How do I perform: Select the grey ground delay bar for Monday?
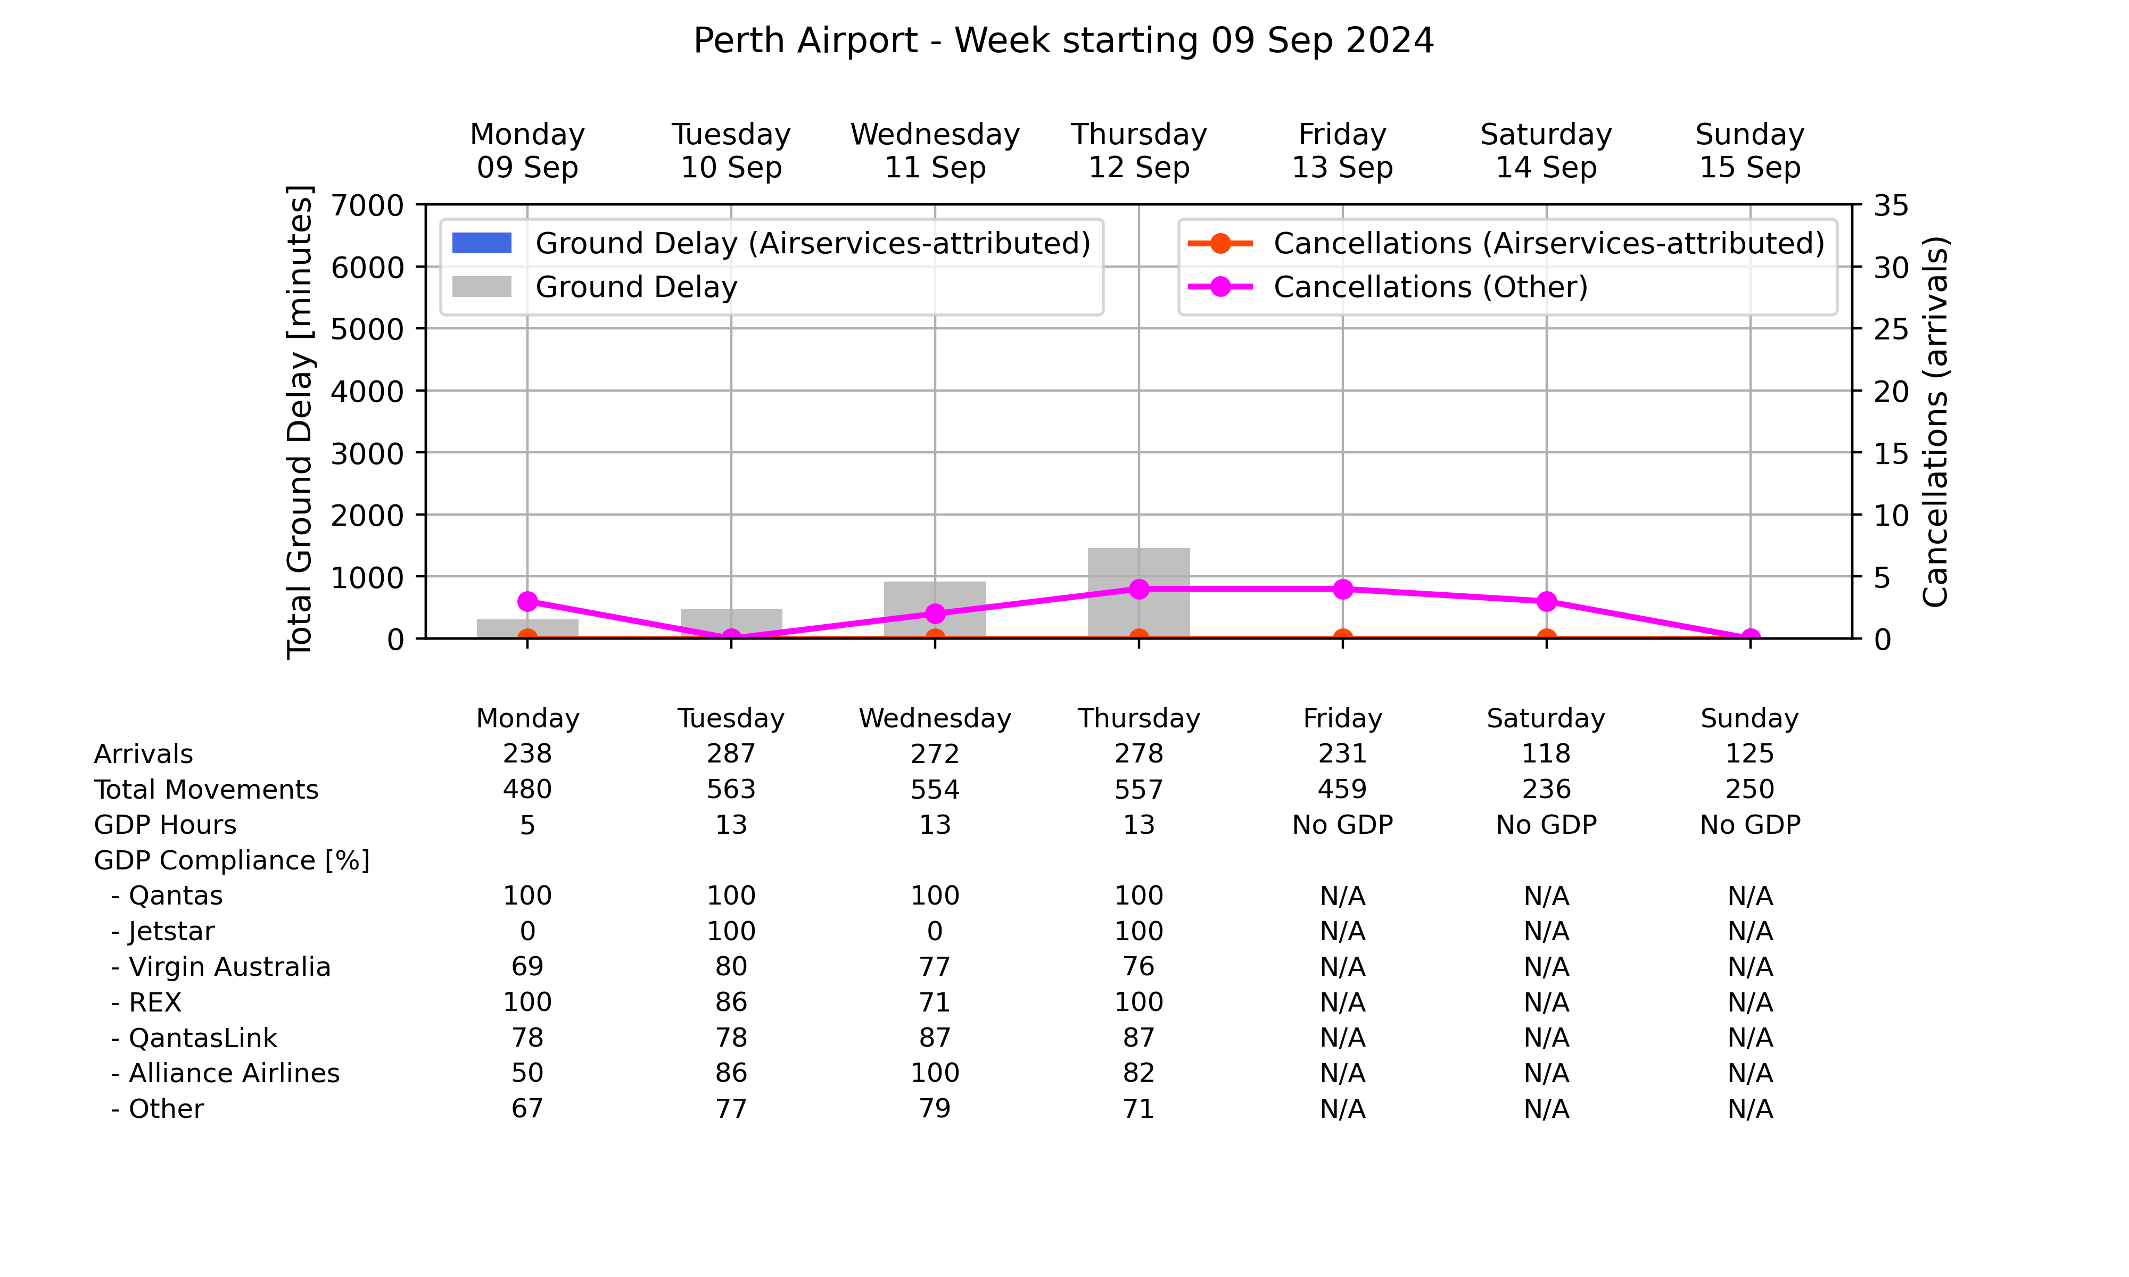[527, 629]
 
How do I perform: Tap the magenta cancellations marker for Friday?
[1342, 590]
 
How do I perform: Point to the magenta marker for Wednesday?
[935, 613]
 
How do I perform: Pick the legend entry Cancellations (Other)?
[1387, 287]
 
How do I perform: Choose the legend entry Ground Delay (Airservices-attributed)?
[771, 244]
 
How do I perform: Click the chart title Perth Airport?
[805, 40]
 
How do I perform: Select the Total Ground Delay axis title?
[300, 421]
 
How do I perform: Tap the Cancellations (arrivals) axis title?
[1935, 421]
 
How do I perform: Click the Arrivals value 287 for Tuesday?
[731, 754]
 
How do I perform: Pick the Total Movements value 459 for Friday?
[1342, 789]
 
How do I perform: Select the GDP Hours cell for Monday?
[527, 825]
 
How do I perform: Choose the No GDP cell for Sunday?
[1750, 825]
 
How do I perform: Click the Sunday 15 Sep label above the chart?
[1750, 151]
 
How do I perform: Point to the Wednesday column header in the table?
[935, 718]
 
